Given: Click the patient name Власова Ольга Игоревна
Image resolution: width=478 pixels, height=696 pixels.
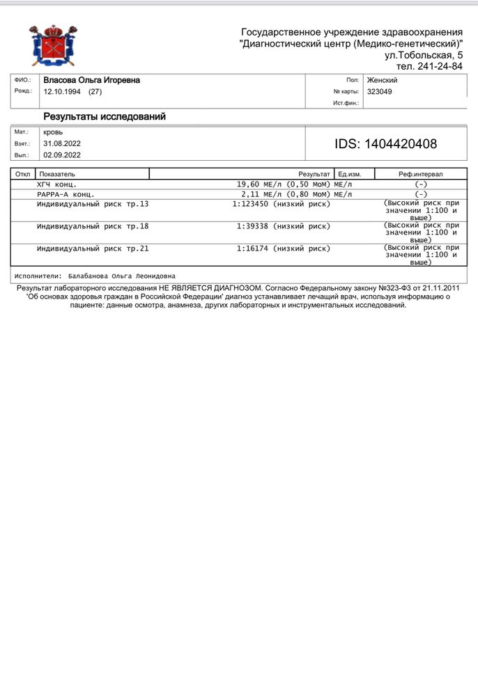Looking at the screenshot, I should pos(91,81).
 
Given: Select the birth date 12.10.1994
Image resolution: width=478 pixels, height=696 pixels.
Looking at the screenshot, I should pos(63,91).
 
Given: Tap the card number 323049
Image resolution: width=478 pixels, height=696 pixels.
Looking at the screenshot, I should pos(380,91).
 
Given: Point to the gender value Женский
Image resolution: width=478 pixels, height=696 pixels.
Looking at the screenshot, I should pos(382,81).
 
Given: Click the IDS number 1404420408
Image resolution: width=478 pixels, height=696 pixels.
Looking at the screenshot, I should pos(386,144).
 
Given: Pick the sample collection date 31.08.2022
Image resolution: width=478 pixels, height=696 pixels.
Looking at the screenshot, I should pos(62,143).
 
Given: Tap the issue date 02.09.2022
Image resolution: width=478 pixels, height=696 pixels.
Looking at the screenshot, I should pos(62,155).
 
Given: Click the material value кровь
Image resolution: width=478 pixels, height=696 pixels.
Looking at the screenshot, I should pos(53,132).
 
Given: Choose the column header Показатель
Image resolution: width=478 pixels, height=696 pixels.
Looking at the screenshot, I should pos(57,174).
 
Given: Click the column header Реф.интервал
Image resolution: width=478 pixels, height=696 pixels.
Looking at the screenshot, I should pos(420,174).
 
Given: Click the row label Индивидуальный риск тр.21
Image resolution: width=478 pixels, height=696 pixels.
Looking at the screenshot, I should pos(93,248).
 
